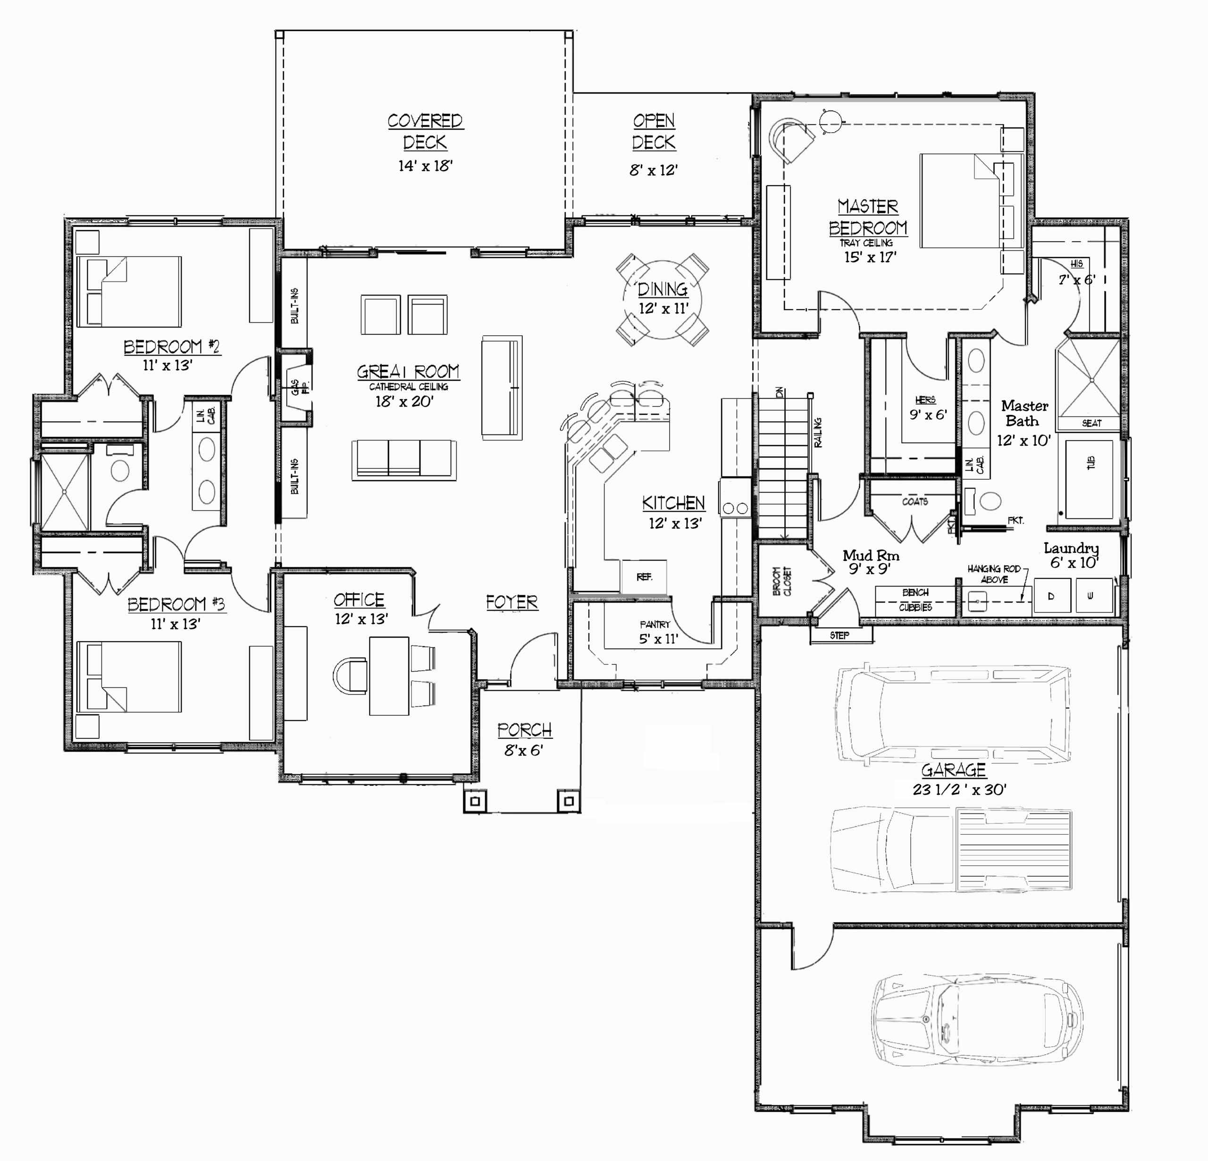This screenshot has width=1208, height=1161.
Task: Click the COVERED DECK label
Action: point(425,131)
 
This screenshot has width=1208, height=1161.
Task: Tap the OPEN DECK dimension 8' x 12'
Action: point(653,170)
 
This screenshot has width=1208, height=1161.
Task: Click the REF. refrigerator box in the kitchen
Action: point(644,577)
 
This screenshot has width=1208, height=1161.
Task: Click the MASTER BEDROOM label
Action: point(868,217)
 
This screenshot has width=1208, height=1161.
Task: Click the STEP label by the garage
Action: point(839,635)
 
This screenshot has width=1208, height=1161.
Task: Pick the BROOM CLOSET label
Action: point(781,581)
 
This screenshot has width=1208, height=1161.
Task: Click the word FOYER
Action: point(512,602)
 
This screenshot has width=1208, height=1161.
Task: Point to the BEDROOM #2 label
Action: point(171,347)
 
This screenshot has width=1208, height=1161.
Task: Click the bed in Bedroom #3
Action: point(129,677)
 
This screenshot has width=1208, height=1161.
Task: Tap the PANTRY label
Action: point(654,625)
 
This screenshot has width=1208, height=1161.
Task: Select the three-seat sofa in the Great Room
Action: point(404,460)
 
